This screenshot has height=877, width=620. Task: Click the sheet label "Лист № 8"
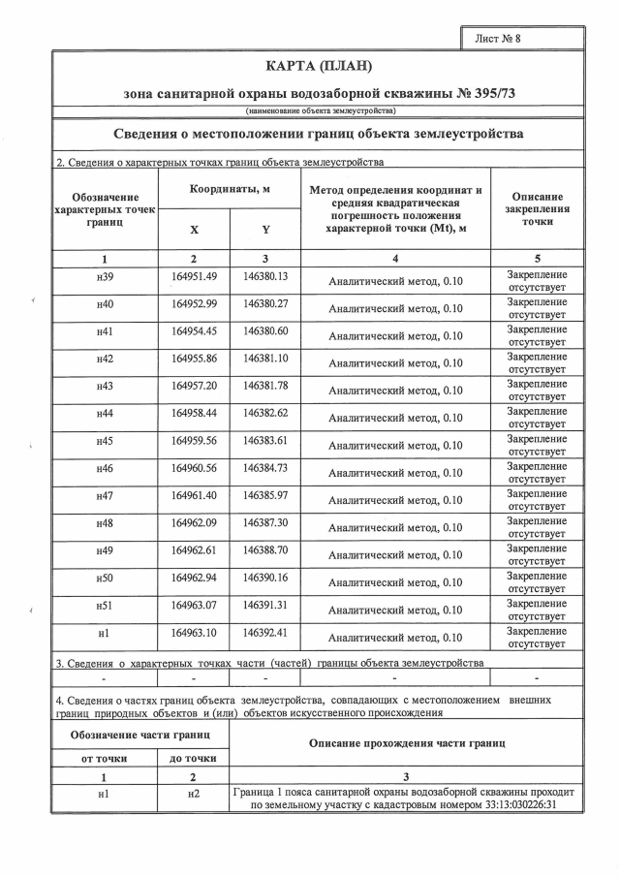click(x=499, y=39)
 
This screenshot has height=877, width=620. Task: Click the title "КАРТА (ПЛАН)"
click(x=318, y=66)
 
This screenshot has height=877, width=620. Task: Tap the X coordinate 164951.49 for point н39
click(x=194, y=276)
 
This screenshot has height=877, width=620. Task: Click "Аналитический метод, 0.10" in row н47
click(x=395, y=501)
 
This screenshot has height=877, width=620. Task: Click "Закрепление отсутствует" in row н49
click(x=537, y=554)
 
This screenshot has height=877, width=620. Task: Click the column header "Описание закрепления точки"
click(x=537, y=208)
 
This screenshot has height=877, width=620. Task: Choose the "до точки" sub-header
click(x=194, y=758)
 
